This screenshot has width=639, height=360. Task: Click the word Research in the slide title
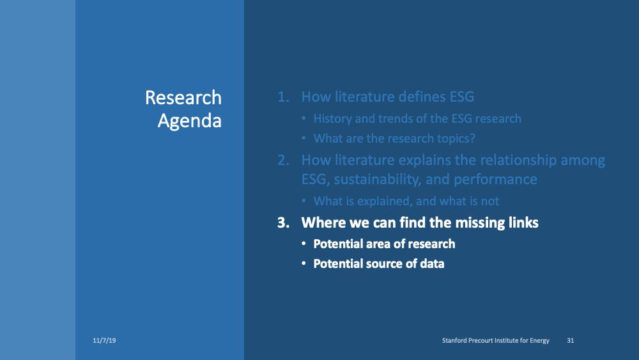[x=183, y=98]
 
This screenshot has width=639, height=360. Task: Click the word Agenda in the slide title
[x=190, y=120]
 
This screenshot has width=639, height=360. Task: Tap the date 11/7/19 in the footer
[x=104, y=341]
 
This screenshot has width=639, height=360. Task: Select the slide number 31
[x=570, y=341]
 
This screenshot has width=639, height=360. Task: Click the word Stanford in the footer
[x=456, y=341]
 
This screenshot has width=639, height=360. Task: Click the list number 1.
[x=282, y=98]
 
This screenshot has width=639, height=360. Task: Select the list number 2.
[x=282, y=160]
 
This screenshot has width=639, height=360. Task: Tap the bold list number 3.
[x=282, y=223]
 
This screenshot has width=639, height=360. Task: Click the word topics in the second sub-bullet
[x=454, y=139]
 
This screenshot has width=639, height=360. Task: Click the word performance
[x=498, y=180]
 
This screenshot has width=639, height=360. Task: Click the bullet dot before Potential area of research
[x=304, y=244]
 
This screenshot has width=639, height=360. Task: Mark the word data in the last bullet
[x=432, y=263]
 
